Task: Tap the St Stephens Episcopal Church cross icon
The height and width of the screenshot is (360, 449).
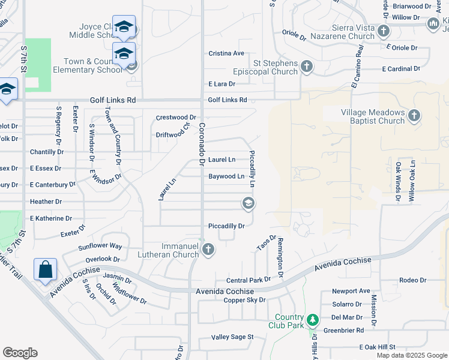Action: point(307,66)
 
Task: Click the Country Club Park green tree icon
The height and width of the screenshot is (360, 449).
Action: point(312,320)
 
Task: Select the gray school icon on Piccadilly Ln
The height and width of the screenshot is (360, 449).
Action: point(247,204)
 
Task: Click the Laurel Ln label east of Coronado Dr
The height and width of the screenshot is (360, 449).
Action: point(221,160)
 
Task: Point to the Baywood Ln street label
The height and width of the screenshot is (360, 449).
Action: point(226,176)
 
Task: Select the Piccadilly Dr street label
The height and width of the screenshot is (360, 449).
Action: point(226,226)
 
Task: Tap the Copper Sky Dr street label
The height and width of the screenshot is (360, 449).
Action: point(244,300)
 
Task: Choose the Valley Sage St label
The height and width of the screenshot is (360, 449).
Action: point(232,337)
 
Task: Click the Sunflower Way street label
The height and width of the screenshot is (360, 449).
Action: point(100,247)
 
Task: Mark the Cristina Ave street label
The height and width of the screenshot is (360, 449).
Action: point(226,53)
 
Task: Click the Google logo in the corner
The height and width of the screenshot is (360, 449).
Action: point(20,353)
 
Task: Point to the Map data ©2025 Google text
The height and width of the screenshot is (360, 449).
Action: point(412,355)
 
